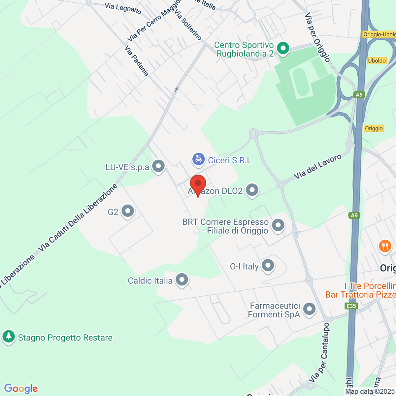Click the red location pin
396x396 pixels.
[x=198, y=184]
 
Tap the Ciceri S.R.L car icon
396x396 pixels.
[x=198, y=160]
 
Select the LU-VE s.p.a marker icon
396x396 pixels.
[x=158, y=166]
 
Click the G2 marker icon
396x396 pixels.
[x=128, y=211]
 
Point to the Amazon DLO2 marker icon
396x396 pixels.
[x=252, y=190]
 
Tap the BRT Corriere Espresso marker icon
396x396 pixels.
[x=278, y=225]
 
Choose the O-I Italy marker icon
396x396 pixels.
[x=268, y=265]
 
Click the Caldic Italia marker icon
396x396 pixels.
[x=181, y=280]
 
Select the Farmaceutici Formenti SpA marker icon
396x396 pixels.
[x=309, y=309]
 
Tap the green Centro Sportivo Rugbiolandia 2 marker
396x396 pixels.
[x=283, y=48]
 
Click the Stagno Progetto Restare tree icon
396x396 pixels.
[x=9, y=337]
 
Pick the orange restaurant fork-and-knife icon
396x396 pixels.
[x=385, y=246]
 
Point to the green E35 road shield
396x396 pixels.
[x=351, y=306]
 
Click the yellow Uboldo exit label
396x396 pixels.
[x=377, y=61]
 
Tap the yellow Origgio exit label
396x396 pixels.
[x=374, y=128]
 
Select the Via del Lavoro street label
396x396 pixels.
[x=318, y=167]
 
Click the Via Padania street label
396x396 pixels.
[x=137, y=61]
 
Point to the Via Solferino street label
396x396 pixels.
[x=188, y=25]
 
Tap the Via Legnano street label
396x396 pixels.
[x=123, y=9]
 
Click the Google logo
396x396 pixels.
[x=21, y=388]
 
